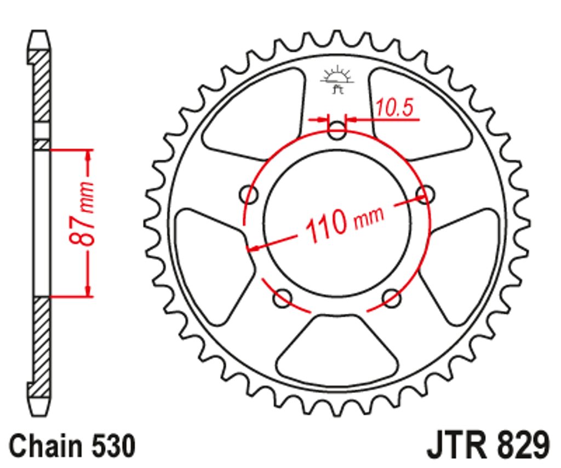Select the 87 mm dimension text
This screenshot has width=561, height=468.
coord(82,214)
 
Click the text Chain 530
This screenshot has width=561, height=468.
coord(72,446)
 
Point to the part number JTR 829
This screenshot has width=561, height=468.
coord(488,445)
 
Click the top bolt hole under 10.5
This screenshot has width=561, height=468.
coord(337,130)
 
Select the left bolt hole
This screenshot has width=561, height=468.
coord(248,195)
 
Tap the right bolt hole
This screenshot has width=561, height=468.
coord(425,195)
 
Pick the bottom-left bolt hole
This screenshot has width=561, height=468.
coord(282,298)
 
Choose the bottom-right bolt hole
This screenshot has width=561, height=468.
coord(392,298)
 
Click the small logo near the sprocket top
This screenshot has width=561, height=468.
coord(337,80)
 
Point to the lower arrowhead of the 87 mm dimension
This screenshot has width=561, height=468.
coord(88,290)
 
